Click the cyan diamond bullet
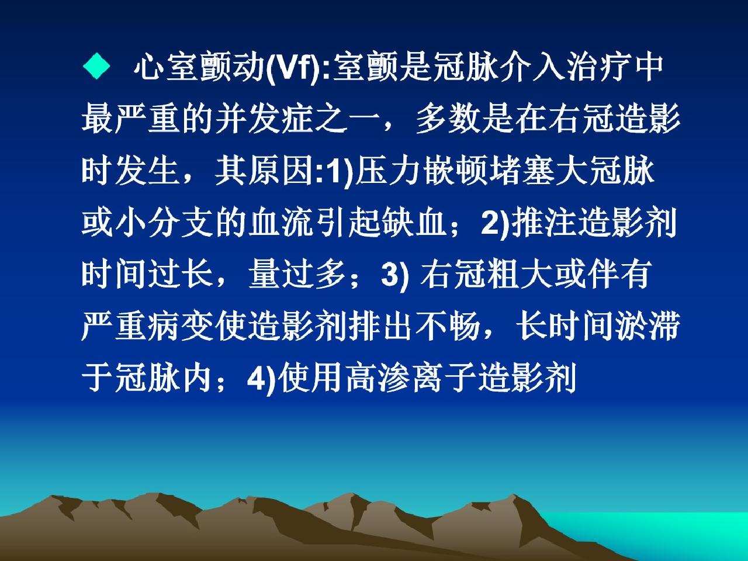pos(96,66)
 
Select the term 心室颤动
pos(199,67)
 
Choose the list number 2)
pos(495,223)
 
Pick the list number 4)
pos(261,379)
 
